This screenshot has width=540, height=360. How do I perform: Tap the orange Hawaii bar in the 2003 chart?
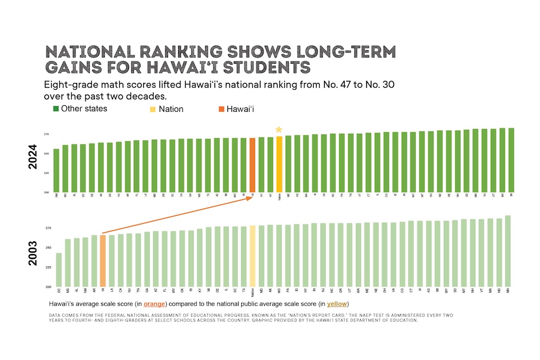(x=103, y=261)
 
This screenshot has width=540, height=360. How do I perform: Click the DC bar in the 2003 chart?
(x=59, y=269)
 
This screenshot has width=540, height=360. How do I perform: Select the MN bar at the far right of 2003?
(x=508, y=251)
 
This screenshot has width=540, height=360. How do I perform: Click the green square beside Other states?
(x=55, y=108)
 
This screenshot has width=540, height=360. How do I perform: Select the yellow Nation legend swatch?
(x=153, y=109)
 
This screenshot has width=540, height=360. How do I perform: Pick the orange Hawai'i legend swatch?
(x=222, y=109)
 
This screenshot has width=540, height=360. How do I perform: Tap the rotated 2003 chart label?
(x=32, y=252)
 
